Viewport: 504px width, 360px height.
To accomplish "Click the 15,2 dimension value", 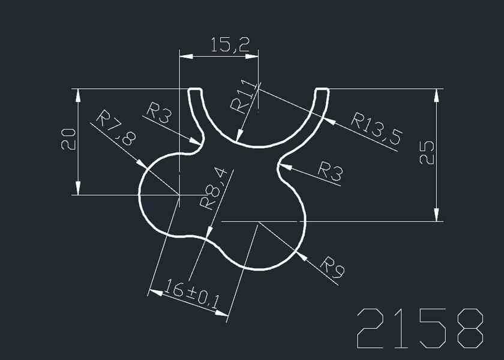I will coord(230,44).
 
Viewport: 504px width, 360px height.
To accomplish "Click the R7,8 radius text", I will coord(116,128).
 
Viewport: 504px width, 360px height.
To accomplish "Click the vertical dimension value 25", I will coord(426,154).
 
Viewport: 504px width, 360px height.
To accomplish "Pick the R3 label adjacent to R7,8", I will coord(159,112).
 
